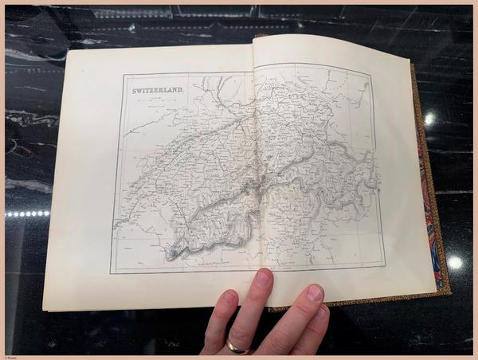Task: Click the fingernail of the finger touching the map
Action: [262, 278]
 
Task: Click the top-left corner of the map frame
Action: [123, 76]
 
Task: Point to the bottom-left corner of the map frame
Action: [111, 273]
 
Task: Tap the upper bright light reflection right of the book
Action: [430, 119]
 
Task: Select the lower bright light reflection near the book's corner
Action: [455, 262]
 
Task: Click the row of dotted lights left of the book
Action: [28, 213]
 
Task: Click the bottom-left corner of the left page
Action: [43, 310]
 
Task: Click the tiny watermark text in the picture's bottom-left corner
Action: [10, 356]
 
